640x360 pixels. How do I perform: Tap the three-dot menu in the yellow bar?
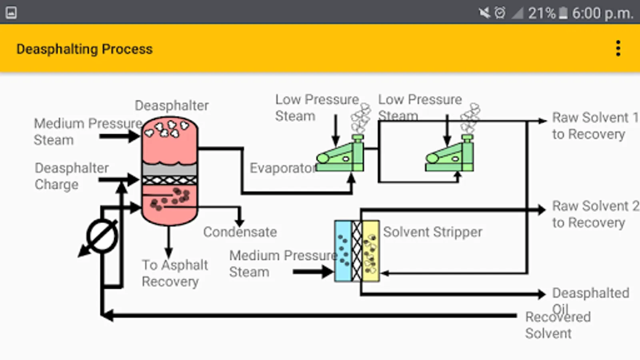click(x=618, y=48)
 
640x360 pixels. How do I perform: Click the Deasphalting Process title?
click(x=84, y=49)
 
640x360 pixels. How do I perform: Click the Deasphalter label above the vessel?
click(x=172, y=106)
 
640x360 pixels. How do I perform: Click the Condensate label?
click(x=240, y=232)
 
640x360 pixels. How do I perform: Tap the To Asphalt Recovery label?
click(x=175, y=273)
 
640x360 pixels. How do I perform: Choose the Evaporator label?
click(x=282, y=168)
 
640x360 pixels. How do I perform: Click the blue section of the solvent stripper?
click(x=343, y=251)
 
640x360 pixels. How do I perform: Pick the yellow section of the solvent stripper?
click(x=371, y=251)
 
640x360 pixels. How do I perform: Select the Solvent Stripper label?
click(x=432, y=232)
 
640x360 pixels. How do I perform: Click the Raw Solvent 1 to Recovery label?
click(x=594, y=126)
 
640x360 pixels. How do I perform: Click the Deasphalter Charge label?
click(x=72, y=176)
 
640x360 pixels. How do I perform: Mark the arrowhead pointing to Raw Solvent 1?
click(x=542, y=121)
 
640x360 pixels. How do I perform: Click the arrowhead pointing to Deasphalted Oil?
click(x=542, y=294)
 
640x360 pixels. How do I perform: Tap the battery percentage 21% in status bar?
click(x=542, y=13)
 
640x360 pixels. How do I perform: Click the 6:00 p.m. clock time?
click(x=602, y=13)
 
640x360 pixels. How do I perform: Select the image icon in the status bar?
click(x=11, y=13)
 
